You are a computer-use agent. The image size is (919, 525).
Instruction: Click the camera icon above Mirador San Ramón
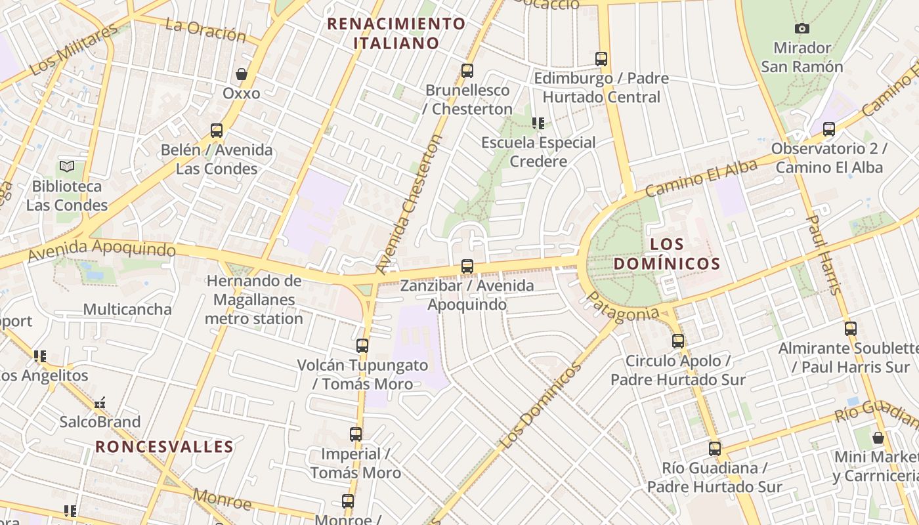801,28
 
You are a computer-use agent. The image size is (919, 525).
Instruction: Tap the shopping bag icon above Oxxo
242,74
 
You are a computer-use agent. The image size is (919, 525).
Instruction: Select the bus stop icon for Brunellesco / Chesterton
467,70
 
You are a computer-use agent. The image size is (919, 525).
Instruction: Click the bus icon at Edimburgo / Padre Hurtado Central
601,58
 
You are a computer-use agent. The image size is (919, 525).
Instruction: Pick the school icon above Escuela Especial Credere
538,123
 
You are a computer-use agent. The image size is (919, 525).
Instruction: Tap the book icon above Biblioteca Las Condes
67,166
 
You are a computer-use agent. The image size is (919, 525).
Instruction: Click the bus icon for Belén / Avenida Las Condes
217,130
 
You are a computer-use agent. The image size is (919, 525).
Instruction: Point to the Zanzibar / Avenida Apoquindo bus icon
467,266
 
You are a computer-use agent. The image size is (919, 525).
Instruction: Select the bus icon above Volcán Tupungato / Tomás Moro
362,345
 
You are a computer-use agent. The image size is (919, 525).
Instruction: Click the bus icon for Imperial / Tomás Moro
356,434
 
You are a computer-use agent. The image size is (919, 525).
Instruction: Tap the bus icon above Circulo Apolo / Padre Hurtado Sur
678,341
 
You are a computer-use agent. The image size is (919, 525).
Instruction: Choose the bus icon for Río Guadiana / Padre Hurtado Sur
715,449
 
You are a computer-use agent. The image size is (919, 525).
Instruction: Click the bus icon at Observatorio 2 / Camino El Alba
829,129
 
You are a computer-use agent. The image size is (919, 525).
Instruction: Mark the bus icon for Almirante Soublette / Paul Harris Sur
851,328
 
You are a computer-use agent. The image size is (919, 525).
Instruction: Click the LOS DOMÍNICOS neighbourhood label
666,254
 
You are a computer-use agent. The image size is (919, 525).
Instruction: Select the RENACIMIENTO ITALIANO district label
396,33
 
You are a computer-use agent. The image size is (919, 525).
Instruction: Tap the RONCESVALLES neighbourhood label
164,447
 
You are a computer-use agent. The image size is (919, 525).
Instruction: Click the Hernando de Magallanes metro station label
254,300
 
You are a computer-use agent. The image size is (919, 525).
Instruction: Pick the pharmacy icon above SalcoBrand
100,403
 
